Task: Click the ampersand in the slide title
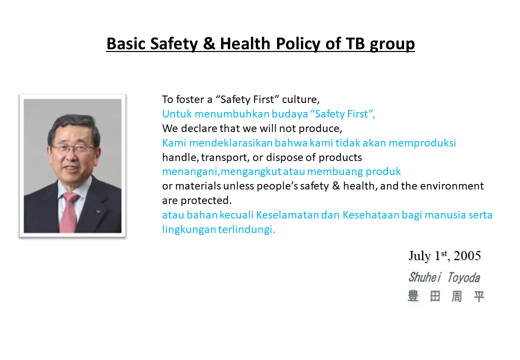point(209,43)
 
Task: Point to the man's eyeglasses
point(73,148)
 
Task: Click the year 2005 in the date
point(467,255)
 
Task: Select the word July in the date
point(419,256)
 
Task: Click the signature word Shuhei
point(425,277)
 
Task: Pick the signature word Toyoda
point(463,278)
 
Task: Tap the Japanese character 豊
point(413,295)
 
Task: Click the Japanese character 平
point(479,296)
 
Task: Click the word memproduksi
point(422,143)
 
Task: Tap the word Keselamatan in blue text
point(287,215)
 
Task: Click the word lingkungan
point(189,229)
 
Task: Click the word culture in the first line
point(300,99)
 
